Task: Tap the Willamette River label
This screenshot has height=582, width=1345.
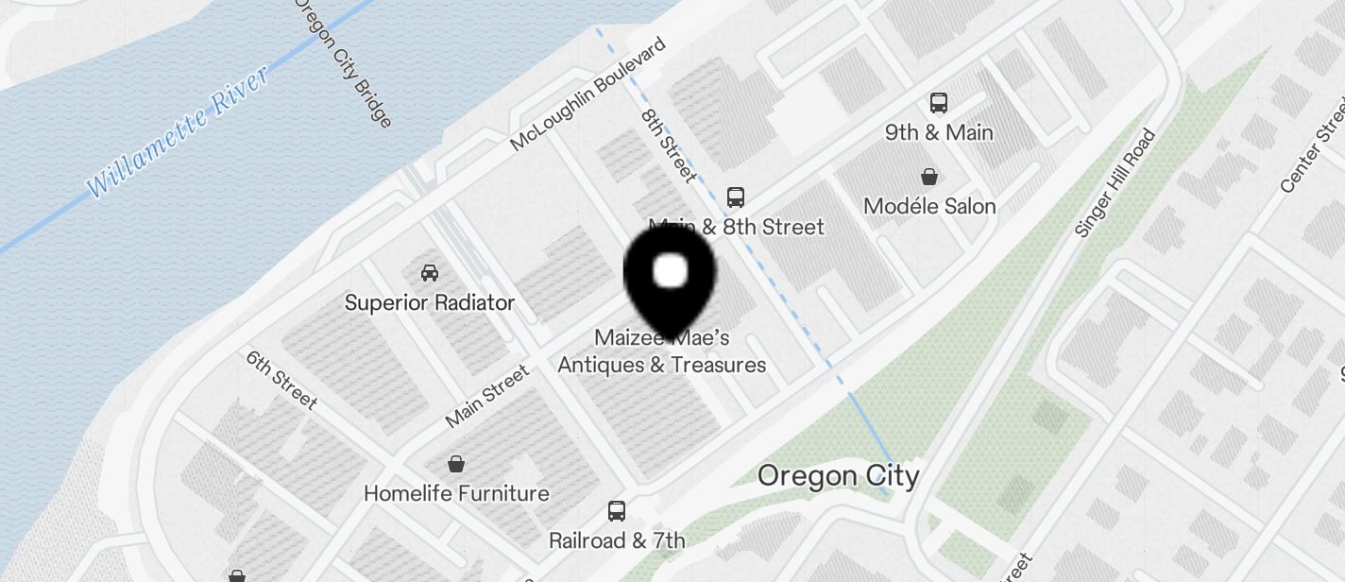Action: (x=179, y=129)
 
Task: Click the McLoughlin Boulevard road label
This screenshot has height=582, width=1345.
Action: (x=587, y=94)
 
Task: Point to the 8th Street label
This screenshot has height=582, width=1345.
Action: (x=669, y=145)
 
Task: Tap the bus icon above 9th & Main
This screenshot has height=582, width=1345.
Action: (x=938, y=103)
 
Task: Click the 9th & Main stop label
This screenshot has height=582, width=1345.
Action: (x=939, y=132)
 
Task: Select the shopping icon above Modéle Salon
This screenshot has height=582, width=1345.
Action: (x=929, y=177)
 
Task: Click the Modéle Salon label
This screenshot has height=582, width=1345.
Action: (x=929, y=206)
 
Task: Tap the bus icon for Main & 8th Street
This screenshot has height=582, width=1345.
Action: (x=736, y=197)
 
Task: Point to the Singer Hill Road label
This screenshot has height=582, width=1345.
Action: (x=1115, y=183)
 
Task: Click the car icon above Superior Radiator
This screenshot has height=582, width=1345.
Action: (x=430, y=273)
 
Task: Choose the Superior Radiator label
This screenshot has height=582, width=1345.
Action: (x=430, y=302)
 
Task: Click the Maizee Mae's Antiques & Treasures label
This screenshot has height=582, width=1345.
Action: (x=662, y=351)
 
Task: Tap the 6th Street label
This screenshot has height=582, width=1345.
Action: (x=281, y=380)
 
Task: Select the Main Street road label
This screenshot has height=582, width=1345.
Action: (x=487, y=397)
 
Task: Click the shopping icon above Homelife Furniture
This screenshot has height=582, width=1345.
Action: (x=456, y=464)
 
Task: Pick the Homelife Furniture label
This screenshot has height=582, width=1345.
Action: (x=456, y=493)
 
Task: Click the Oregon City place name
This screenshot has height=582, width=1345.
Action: (x=838, y=475)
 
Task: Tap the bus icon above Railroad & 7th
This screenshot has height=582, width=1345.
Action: (x=617, y=511)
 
